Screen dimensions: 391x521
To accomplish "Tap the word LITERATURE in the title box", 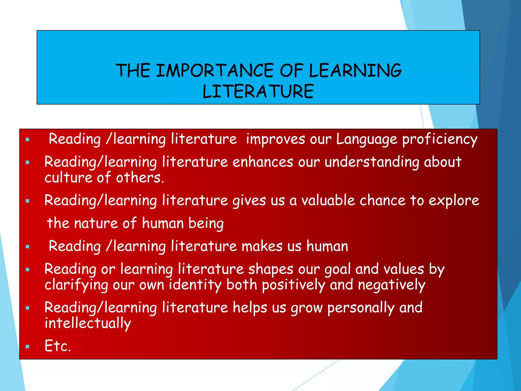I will [258, 91].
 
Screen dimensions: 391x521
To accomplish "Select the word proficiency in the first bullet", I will [440, 140].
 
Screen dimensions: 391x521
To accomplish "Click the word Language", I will [366, 140].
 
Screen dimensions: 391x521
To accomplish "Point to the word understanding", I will [372, 162].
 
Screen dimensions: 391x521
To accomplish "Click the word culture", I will [68, 178].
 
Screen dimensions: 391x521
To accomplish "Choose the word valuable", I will [328, 201].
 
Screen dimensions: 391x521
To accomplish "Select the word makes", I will [262, 246].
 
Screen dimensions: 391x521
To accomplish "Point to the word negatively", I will [392, 285].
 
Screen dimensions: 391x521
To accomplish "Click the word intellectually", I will [88, 324].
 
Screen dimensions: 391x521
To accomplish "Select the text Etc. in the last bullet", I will [58, 346].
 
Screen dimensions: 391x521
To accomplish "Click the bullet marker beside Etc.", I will [27, 346].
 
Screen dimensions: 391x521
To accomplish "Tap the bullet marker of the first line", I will [27, 139].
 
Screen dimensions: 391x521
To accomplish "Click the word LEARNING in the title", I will [355, 71].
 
